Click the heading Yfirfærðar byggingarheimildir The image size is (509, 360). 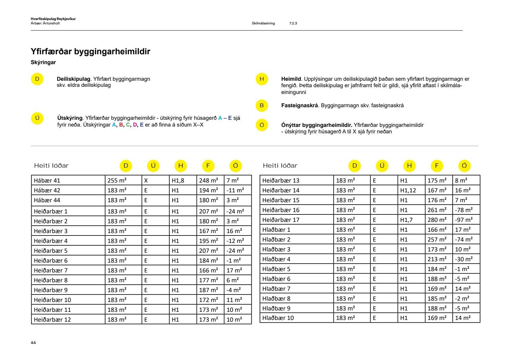pos(90,52)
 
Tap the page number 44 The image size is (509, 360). pos(33,343)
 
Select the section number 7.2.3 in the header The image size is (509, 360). pos(293,23)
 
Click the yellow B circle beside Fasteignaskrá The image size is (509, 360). pos(262,106)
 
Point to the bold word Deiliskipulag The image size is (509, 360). pos(73,79)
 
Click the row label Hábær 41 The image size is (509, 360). pos(47,181)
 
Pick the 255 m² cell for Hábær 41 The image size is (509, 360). pos(117,181)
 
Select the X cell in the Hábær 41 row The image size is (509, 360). pos(146,181)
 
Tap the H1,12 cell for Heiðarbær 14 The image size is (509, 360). pos(408,190)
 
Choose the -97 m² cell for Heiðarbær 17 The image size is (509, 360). pos(464,220)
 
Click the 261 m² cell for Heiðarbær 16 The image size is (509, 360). pos(437,210)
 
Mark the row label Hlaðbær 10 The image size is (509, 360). pos(278,318)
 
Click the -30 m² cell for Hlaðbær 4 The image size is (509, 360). pos(464,259)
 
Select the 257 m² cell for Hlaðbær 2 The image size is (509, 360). pos(437,240)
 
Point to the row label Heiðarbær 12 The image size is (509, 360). pos(52,320)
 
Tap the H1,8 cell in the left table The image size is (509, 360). pos(178,181)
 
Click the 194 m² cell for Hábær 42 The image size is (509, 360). pos(208,190)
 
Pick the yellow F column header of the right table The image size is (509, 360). pos(437,166)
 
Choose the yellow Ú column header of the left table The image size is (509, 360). pos(153,166)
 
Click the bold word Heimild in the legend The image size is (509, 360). pos(291,79)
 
